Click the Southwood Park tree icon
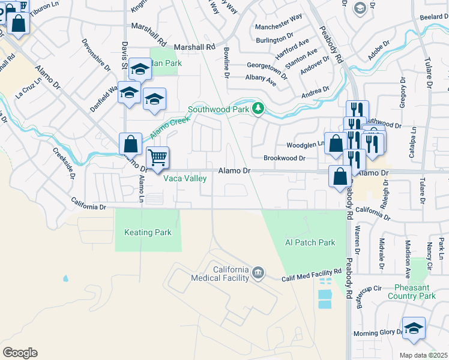[x=258, y=109]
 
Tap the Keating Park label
[x=148, y=233]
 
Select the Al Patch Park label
[x=310, y=243]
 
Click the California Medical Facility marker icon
[x=258, y=273]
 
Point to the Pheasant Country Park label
[x=411, y=292]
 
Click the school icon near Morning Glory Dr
[x=414, y=328]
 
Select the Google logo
[x=20, y=353]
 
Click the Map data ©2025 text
[x=424, y=355]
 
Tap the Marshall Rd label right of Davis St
[x=194, y=47]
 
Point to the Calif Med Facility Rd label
[x=312, y=275]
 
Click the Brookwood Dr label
[x=285, y=158]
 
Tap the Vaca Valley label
[x=185, y=179]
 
